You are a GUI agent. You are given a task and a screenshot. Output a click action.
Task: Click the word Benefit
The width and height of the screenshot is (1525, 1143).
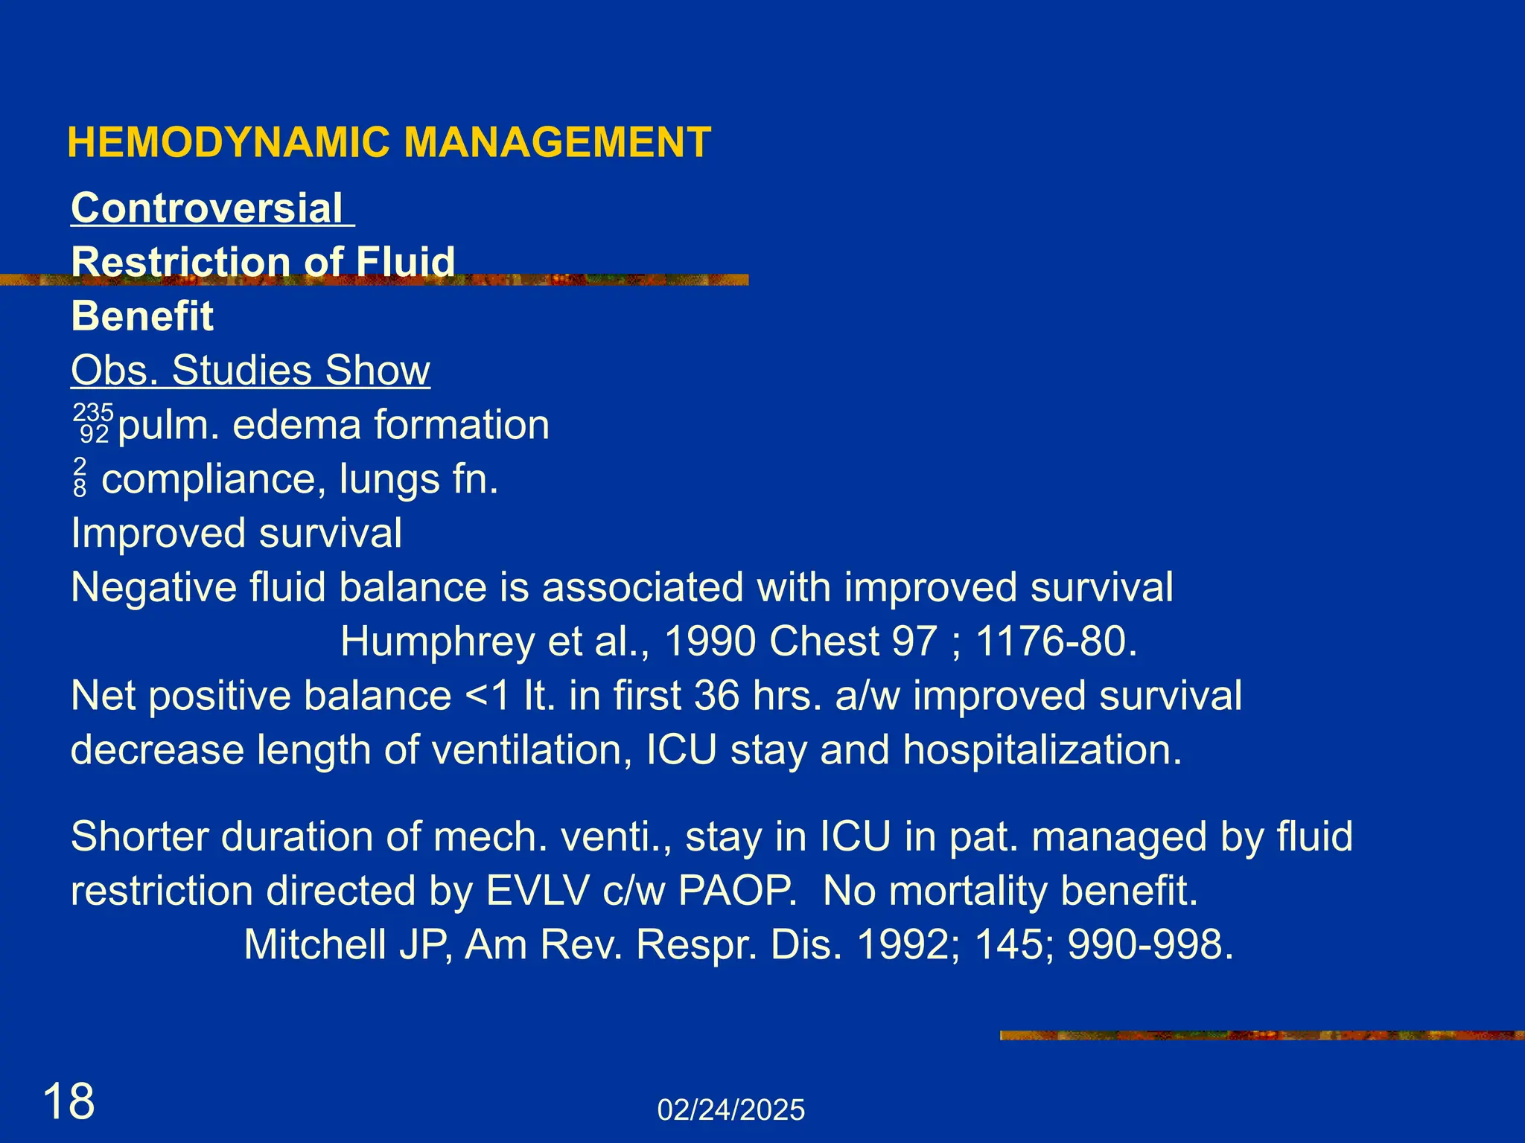pos(142,316)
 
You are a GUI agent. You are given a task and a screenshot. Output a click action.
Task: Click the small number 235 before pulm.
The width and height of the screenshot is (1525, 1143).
pos(93,412)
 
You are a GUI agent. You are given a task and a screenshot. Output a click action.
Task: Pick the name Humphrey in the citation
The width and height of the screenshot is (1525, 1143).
pos(436,641)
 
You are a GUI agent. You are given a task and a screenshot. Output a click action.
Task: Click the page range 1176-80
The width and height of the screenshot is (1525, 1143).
pos(1056,641)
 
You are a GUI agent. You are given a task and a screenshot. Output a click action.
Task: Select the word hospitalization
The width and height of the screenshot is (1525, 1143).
pos(1042,750)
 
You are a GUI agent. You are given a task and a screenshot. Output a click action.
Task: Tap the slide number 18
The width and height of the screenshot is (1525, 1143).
pos(69,1102)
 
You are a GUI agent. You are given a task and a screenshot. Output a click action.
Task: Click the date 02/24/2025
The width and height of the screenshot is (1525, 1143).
pos(730,1110)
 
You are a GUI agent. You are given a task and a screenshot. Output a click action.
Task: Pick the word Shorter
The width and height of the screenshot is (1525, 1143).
pos(139,836)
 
